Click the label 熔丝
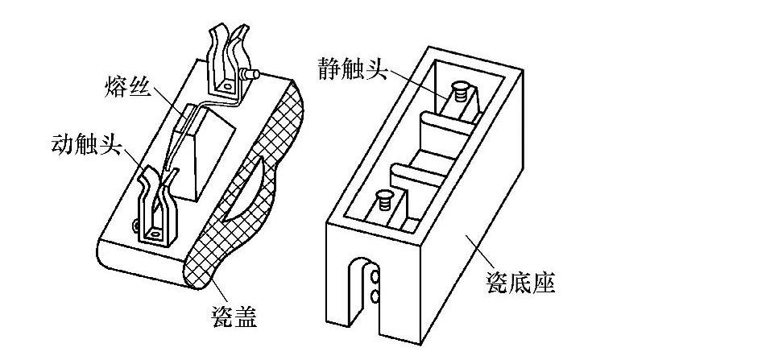point(127,86)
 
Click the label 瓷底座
point(520,283)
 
